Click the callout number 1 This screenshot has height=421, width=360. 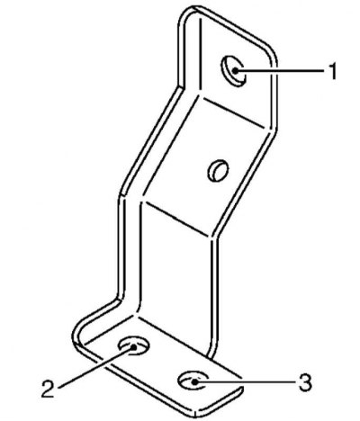332,71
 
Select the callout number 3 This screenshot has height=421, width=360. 305,382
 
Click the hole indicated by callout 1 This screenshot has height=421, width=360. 233,71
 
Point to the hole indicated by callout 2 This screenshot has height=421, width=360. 134,345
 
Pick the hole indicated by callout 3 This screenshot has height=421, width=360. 193,381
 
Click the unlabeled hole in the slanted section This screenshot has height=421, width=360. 218,170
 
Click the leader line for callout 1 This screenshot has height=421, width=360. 280,71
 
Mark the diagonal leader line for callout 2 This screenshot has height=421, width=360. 96,366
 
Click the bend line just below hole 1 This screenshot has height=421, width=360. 232,112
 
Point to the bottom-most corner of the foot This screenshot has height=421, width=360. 195,416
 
